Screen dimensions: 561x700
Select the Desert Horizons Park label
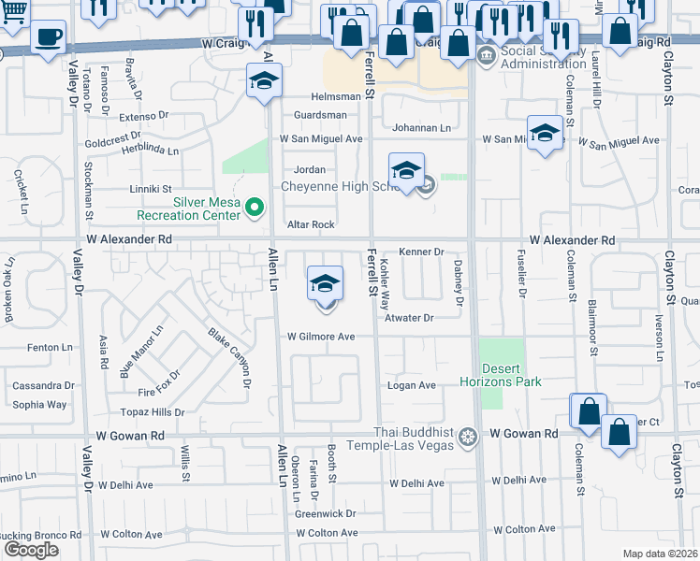click(x=501, y=375)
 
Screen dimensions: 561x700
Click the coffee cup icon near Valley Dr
click(x=48, y=39)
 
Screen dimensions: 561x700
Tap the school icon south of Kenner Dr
click(x=325, y=284)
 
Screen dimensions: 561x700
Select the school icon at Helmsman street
click(x=265, y=82)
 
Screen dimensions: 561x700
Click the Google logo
click(x=30, y=550)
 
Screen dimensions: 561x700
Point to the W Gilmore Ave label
click(x=321, y=337)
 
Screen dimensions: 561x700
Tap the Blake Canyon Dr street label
click(x=229, y=357)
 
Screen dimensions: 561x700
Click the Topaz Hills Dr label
click(x=153, y=412)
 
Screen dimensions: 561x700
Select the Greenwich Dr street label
click(x=325, y=513)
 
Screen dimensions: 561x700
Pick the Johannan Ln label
click(x=421, y=127)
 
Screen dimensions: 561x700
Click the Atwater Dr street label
click(x=409, y=318)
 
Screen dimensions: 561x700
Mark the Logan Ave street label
click(x=412, y=385)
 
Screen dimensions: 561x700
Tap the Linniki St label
click(x=151, y=189)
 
